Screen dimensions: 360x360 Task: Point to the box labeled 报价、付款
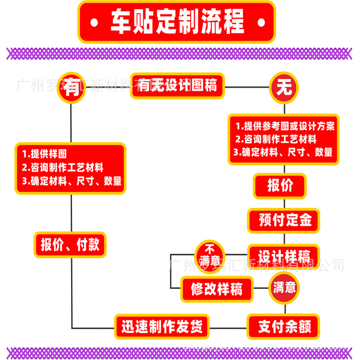[70, 245]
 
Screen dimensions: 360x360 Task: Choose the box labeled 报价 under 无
[280, 186]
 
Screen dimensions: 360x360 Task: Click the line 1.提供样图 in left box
[47, 154]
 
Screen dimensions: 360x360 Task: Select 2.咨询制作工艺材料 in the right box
[276, 139]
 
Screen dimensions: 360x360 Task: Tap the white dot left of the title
[93, 22]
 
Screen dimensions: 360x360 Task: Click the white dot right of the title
[261, 22]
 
